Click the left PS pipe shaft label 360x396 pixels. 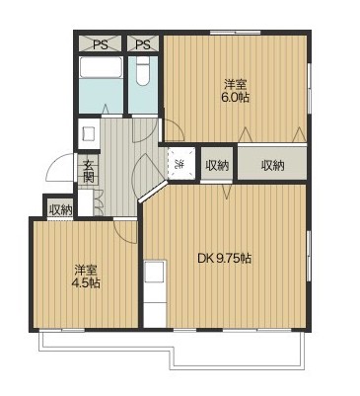(x=100, y=44)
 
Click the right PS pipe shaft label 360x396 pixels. (x=143, y=44)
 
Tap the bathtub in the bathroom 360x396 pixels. (x=101, y=67)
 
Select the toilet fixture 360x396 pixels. (x=143, y=72)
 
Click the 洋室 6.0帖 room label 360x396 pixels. (x=236, y=91)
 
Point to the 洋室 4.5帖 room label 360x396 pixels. (x=86, y=277)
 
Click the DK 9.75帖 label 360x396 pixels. (x=225, y=259)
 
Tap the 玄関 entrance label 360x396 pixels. (x=88, y=171)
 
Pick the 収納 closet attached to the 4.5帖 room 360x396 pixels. (x=60, y=208)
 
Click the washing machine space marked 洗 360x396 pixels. (x=181, y=163)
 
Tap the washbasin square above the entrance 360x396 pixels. (x=89, y=134)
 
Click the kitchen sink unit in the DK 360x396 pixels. (x=155, y=293)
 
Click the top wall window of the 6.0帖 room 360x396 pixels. (x=236, y=33)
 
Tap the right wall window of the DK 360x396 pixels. (x=309, y=255)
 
